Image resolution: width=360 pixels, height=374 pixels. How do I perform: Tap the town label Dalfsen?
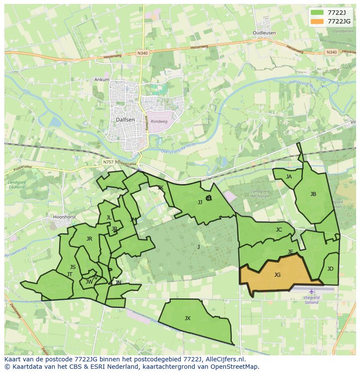click(125, 119)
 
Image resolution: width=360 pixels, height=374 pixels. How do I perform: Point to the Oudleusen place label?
click(264, 33)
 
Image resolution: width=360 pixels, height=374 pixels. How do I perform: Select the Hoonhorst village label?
click(64, 216)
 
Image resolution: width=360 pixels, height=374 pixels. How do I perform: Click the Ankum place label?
click(102, 80)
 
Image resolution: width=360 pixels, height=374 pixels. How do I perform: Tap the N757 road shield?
click(108, 162)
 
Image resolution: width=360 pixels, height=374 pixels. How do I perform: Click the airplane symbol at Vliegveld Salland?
click(311, 291)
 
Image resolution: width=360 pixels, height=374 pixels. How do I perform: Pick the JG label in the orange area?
click(277, 275)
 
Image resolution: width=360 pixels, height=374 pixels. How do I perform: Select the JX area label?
click(187, 318)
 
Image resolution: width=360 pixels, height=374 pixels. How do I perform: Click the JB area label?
click(313, 194)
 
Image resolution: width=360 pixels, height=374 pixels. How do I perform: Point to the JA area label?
click(289, 177)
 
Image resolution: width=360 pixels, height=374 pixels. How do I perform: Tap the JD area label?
click(330, 269)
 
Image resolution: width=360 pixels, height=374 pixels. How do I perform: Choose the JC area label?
click(279, 230)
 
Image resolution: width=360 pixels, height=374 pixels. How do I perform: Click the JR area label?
click(89, 239)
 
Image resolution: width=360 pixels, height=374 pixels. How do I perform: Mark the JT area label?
click(70, 275)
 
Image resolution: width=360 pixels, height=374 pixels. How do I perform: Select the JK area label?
click(160, 188)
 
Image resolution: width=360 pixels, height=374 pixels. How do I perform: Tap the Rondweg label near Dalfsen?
click(160, 122)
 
